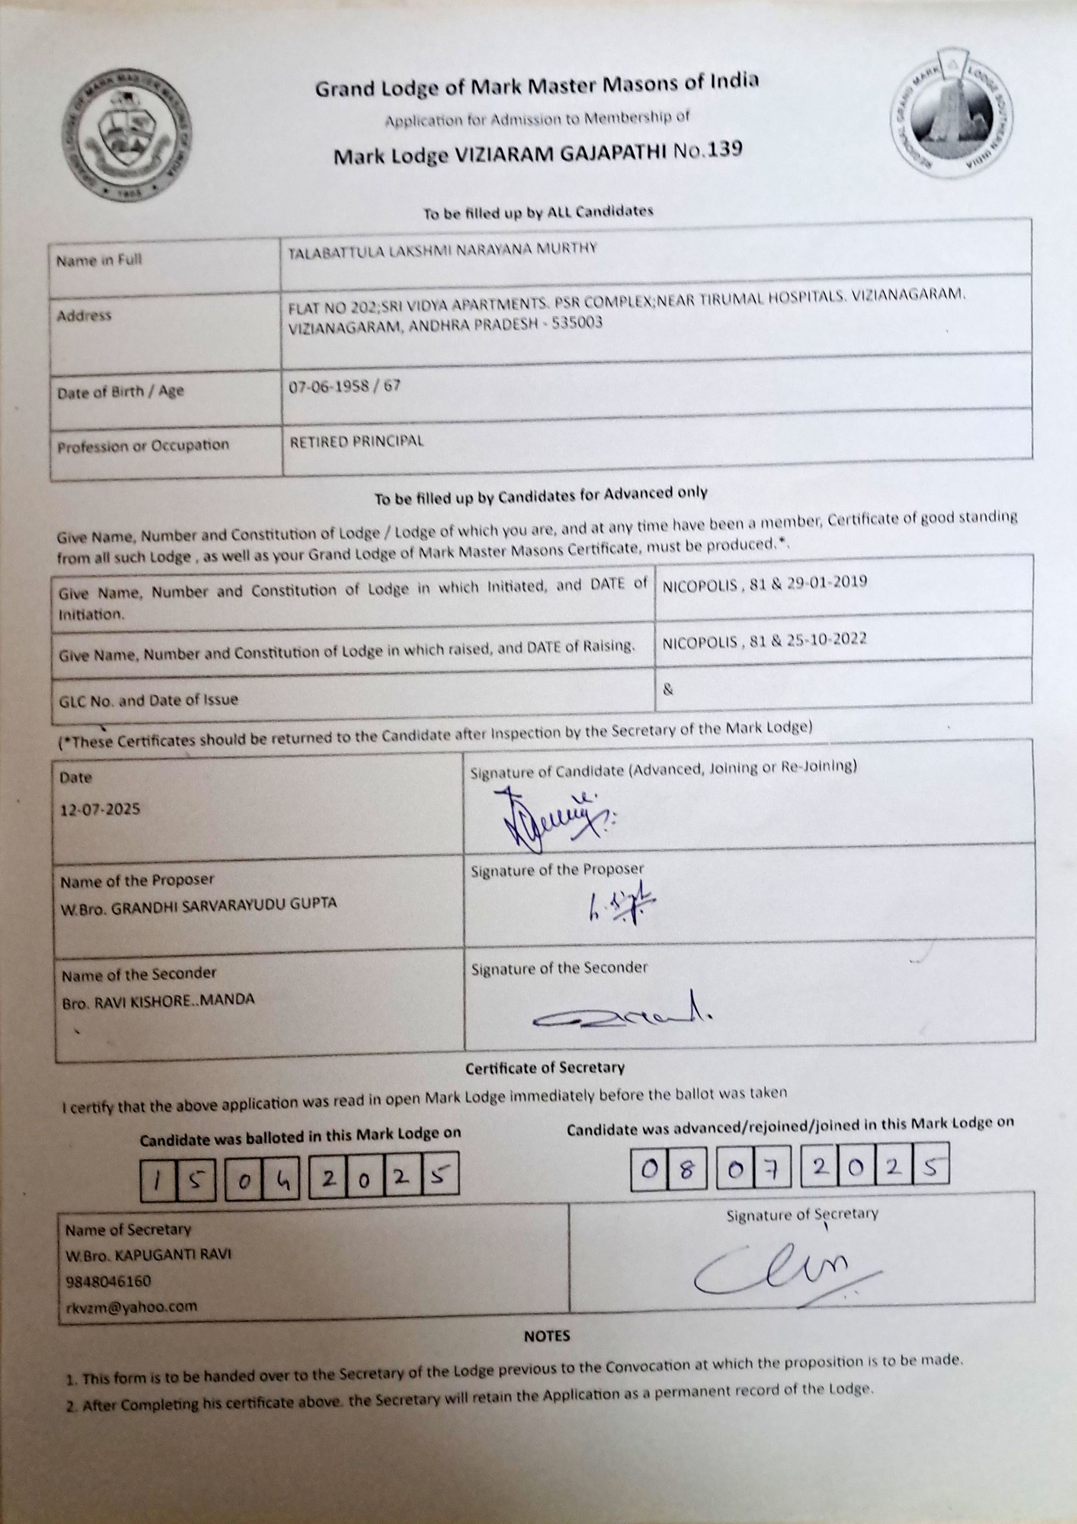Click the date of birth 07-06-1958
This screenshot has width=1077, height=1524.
329,386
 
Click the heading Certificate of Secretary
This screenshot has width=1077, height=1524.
545,1068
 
